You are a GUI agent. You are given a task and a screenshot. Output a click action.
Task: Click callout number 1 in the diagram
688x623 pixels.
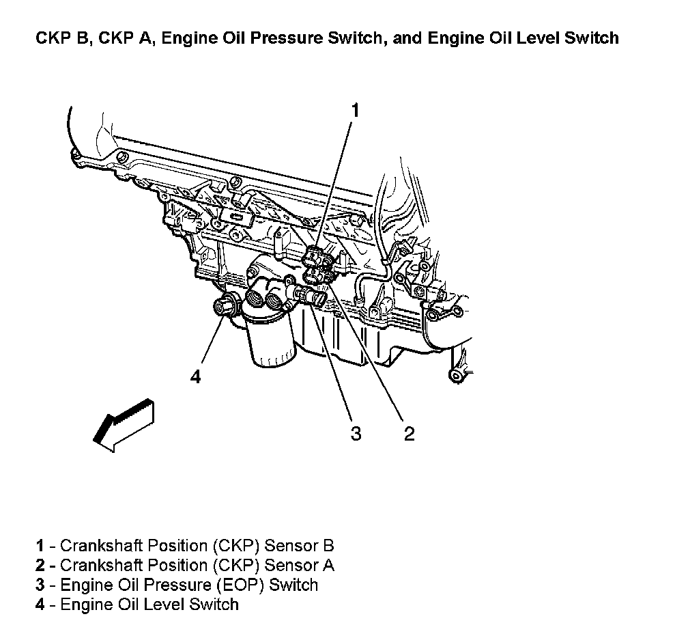(x=355, y=110)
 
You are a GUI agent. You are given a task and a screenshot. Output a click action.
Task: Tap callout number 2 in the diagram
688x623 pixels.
(x=409, y=433)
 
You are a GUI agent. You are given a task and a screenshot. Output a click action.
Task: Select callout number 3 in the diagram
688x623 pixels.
(x=355, y=433)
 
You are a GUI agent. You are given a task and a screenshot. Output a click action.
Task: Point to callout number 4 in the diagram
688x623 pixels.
(x=196, y=376)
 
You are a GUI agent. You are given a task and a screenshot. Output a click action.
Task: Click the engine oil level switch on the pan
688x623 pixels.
(x=223, y=307)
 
